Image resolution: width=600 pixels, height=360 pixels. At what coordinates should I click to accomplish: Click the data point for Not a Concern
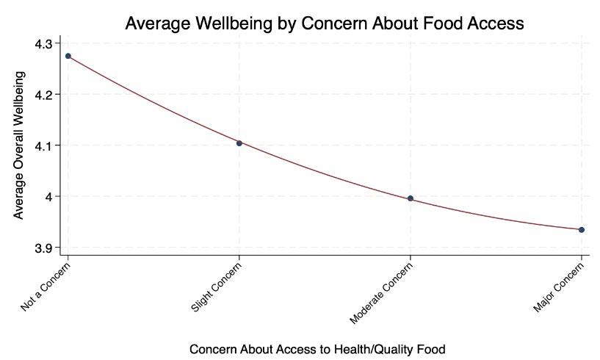(68, 56)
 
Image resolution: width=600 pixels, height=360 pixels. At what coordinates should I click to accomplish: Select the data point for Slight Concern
(239, 143)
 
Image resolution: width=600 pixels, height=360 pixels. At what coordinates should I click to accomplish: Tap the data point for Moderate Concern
(411, 198)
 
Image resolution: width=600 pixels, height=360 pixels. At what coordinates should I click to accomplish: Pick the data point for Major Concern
(582, 230)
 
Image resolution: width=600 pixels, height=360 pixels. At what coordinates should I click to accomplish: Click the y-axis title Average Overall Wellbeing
(20, 145)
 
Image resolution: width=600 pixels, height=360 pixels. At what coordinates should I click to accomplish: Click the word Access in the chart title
(497, 24)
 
